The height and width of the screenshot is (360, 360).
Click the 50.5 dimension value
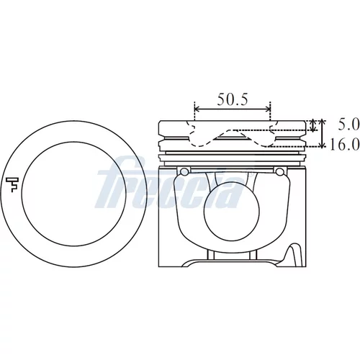click(233, 99)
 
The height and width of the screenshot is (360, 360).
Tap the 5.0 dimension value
click(348, 125)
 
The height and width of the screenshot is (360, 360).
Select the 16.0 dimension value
click(345, 145)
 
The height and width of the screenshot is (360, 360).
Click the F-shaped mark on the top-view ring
click(12, 184)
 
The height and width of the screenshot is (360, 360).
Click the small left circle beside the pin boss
click(184, 171)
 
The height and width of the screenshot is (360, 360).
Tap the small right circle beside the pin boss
click(279, 171)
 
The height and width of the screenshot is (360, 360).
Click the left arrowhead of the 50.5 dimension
click(197, 109)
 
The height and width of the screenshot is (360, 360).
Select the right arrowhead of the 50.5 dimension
click(268, 109)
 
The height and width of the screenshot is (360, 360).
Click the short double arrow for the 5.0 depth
click(312, 125)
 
